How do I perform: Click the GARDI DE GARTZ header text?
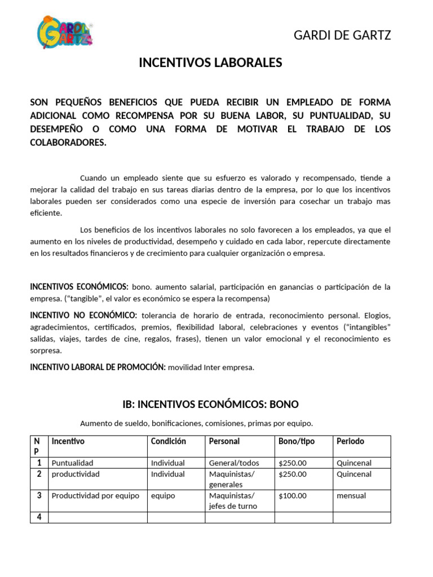click(342, 35)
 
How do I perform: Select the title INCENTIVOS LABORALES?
click(210, 63)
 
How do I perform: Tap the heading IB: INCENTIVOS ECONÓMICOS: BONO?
click(210, 404)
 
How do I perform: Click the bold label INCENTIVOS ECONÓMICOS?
click(79, 287)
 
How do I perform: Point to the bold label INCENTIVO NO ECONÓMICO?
click(83, 314)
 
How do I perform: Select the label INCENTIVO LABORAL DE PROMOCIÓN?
click(98, 367)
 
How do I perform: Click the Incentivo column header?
click(68, 441)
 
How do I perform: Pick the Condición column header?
click(168, 441)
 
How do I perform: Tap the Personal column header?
click(224, 441)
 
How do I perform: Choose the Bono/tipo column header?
click(297, 441)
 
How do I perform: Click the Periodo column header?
click(350, 441)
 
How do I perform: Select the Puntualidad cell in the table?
click(72, 463)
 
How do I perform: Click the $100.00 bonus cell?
click(293, 496)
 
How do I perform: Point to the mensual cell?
click(351, 496)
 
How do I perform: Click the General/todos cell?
click(234, 463)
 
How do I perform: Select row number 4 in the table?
click(39, 517)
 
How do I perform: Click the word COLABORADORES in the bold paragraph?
click(68, 143)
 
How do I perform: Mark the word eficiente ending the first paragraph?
click(47, 214)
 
